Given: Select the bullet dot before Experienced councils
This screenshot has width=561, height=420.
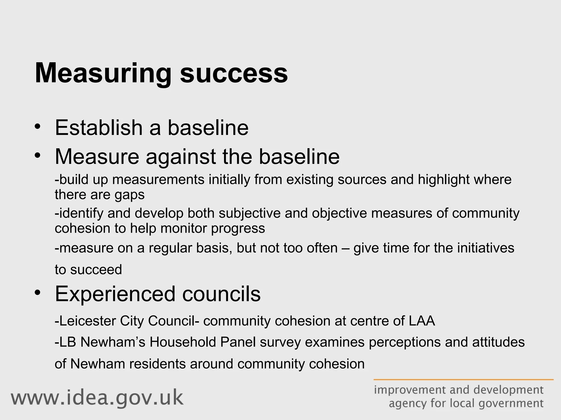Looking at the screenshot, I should point(38,292).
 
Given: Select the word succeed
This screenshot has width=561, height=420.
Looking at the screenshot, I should point(96,270).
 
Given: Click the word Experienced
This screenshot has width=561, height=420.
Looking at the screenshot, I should point(115,294).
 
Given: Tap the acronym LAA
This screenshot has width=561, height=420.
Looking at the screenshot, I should point(422,321).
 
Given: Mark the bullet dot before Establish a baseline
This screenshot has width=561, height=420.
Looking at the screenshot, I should point(38,127).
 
